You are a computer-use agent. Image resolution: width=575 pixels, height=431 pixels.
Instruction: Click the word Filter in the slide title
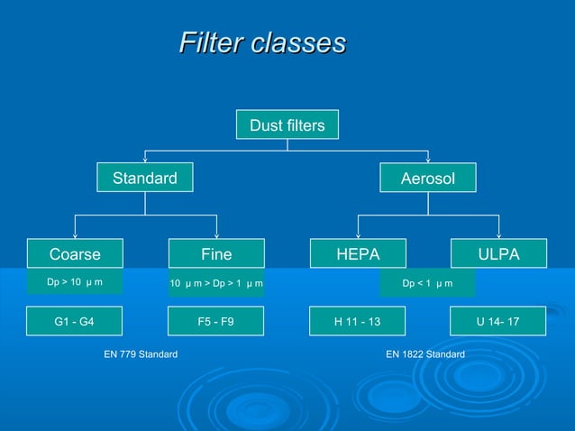204,43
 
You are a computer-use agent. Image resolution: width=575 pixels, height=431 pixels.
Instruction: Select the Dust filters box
287,125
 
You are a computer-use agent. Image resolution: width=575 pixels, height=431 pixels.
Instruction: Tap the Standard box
145,179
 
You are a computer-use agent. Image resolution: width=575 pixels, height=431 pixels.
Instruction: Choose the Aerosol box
428,179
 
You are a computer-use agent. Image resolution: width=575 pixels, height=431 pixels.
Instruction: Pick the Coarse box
74,254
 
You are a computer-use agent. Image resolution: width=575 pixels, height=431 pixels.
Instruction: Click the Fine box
216,254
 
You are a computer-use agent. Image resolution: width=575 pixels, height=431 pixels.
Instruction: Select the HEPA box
358,254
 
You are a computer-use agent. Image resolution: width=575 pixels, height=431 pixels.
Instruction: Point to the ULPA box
498,254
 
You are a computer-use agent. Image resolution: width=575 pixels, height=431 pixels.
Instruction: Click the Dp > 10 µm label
74,283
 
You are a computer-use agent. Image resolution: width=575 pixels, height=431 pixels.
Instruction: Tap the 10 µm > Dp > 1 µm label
216,284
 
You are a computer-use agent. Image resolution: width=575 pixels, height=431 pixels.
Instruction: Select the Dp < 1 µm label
427,284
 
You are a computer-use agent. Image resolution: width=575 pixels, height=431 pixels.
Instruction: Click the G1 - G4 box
74,320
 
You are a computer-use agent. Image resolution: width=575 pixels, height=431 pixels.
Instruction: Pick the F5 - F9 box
216,320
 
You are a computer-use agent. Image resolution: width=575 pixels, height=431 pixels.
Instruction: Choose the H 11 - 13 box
358,320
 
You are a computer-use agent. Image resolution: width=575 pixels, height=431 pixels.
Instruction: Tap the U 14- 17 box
498,320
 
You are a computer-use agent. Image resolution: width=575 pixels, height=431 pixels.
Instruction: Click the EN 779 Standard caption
141,354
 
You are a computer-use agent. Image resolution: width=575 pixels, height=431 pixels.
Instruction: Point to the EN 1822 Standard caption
425,354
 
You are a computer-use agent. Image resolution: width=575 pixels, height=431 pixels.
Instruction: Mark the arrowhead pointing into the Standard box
145,159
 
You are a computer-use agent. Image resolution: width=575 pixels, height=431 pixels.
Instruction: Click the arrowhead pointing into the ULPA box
498,234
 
